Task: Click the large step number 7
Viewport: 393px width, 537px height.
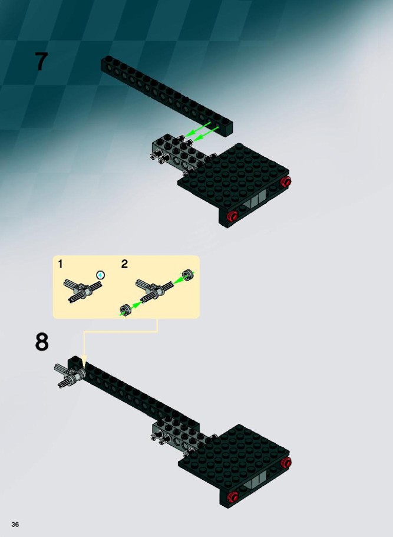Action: pos(41,62)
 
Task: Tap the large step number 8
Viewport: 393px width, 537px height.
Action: pos(42,341)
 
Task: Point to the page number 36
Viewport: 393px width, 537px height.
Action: pos(15,525)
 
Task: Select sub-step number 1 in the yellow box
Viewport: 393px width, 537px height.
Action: pos(60,264)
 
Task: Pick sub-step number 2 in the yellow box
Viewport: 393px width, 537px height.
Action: pos(124,264)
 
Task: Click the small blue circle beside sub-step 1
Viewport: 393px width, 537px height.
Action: pos(100,275)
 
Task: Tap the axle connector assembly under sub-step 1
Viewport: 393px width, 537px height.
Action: pos(82,291)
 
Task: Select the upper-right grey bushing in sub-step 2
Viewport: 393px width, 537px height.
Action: pos(187,275)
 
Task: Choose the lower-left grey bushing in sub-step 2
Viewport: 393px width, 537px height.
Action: pos(126,309)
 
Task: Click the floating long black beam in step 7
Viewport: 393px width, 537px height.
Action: pos(167,96)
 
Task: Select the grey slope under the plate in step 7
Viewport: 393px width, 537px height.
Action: pos(254,200)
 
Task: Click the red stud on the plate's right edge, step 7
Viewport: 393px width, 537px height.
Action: pos(286,182)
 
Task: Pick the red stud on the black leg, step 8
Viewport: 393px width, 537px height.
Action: pos(233,496)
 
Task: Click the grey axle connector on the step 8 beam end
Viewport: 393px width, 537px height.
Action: pos(70,376)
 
